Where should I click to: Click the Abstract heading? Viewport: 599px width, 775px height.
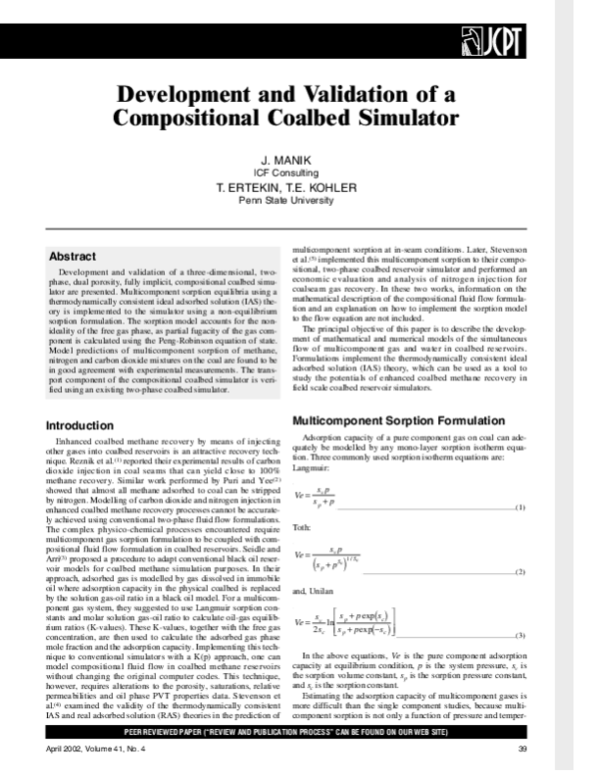coord(73,256)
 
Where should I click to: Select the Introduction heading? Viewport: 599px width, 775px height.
coord(87,425)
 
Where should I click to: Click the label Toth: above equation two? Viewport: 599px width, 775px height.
coord(301,525)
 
